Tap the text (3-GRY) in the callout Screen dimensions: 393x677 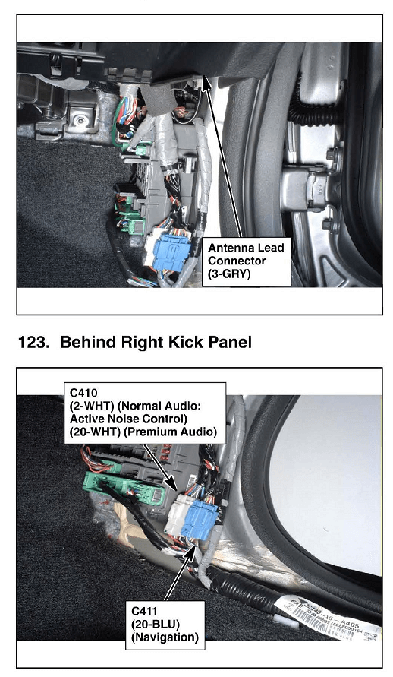coord(229,274)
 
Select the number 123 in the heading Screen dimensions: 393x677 coord(33,343)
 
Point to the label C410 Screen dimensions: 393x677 coord(83,393)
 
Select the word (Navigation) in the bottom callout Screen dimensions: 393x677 coord(165,637)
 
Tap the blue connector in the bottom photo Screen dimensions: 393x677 coord(199,520)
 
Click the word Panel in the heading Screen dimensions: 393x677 coord(230,343)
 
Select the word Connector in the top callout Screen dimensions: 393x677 coord(237,261)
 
